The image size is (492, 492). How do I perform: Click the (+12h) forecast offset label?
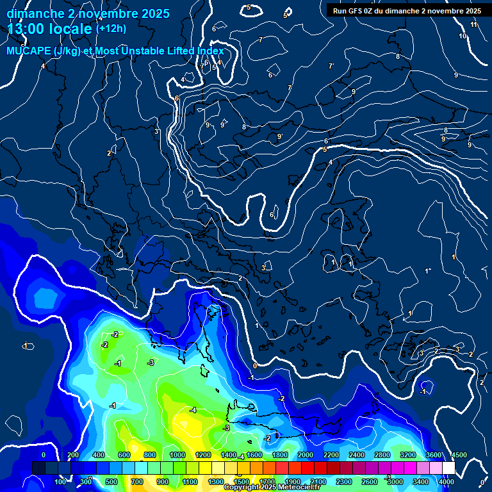pyautogui.click(x=111, y=29)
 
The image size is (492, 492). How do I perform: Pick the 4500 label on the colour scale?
pyautogui.click(x=459, y=455)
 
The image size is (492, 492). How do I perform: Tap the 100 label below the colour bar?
pyautogui.click(x=60, y=482)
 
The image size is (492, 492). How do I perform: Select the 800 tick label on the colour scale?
pyautogui.click(x=150, y=455)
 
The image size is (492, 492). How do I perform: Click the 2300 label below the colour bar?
pyautogui.click(x=344, y=482)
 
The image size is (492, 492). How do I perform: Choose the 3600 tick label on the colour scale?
pyautogui.click(x=434, y=455)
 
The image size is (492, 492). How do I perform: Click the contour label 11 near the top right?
pyautogui.click(x=474, y=24)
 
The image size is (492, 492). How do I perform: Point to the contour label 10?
pyautogui.click(x=463, y=36)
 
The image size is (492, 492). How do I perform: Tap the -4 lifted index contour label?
pyautogui.click(x=193, y=410)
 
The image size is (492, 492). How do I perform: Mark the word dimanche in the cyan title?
pyautogui.click(x=32, y=13)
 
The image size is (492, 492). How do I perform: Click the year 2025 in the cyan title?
pyautogui.click(x=155, y=13)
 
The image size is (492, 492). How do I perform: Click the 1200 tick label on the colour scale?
pyautogui.click(x=203, y=455)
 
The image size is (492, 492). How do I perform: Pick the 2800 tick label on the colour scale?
pyautogui.click(x=382, y=455)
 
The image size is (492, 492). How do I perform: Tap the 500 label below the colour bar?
pyautogui.click(x=111, y=482)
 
